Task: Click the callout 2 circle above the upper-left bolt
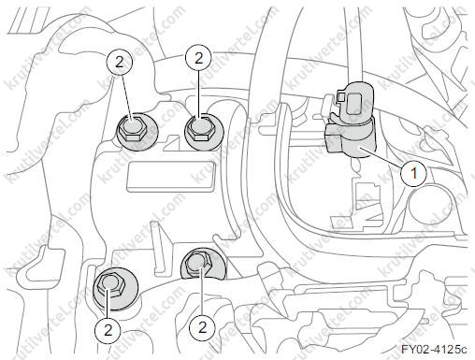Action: pos(119,63)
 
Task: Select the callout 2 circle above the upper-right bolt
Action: pos(198,58)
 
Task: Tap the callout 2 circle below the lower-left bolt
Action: pos(108,330)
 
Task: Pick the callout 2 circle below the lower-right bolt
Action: pos(203,327)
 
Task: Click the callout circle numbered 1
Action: pos(414,173)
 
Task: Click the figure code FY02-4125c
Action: pos(434,350)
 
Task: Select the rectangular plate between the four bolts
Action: pos(170,176)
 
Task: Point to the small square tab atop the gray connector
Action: pos(340,96)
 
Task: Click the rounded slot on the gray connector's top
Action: pos(354,104)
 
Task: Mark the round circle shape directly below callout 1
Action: pos(430,205)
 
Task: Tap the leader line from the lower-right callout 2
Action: pos(202,291)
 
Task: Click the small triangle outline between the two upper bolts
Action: pos(171,143)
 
